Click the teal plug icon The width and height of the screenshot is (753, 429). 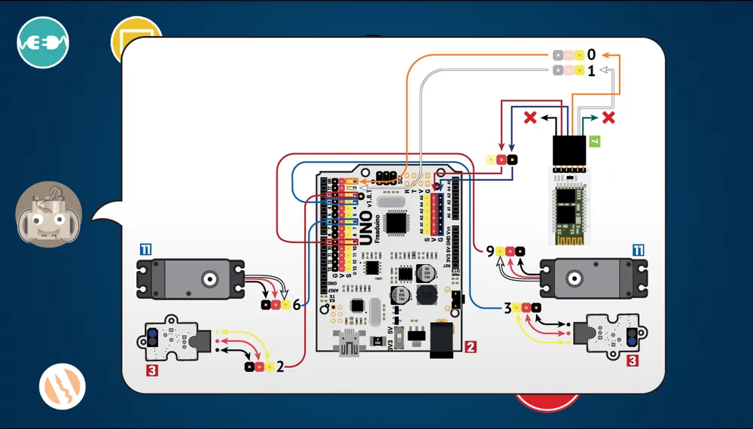pyautogui.click(x=44, y=41)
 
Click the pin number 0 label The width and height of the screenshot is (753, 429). pyautogui.click(x=592, y=55)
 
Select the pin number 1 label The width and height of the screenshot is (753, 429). pyautogui.click(x=592, y=71)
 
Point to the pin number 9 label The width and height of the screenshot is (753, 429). pyautogui.click(x=490, y=251)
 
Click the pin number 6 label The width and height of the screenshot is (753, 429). pyautogui.click(x=297, y=305)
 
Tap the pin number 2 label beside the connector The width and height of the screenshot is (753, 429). pyautogui.click(x=280, y=367)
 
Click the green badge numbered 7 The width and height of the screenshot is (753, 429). pyautogui.click(x=594, y=141)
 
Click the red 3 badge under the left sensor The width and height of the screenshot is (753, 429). pyautogui.click(x=152, y=370)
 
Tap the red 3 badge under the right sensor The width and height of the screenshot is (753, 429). pyautogui.click(x=633, y=361)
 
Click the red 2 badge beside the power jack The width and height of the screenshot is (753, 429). pyautogui.click(x=471, y=347)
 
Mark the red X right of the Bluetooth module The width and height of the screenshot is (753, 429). pyautogui.click(x=608, y=117)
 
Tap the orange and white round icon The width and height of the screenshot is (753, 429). pyautogui.click(x=62, y=387)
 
